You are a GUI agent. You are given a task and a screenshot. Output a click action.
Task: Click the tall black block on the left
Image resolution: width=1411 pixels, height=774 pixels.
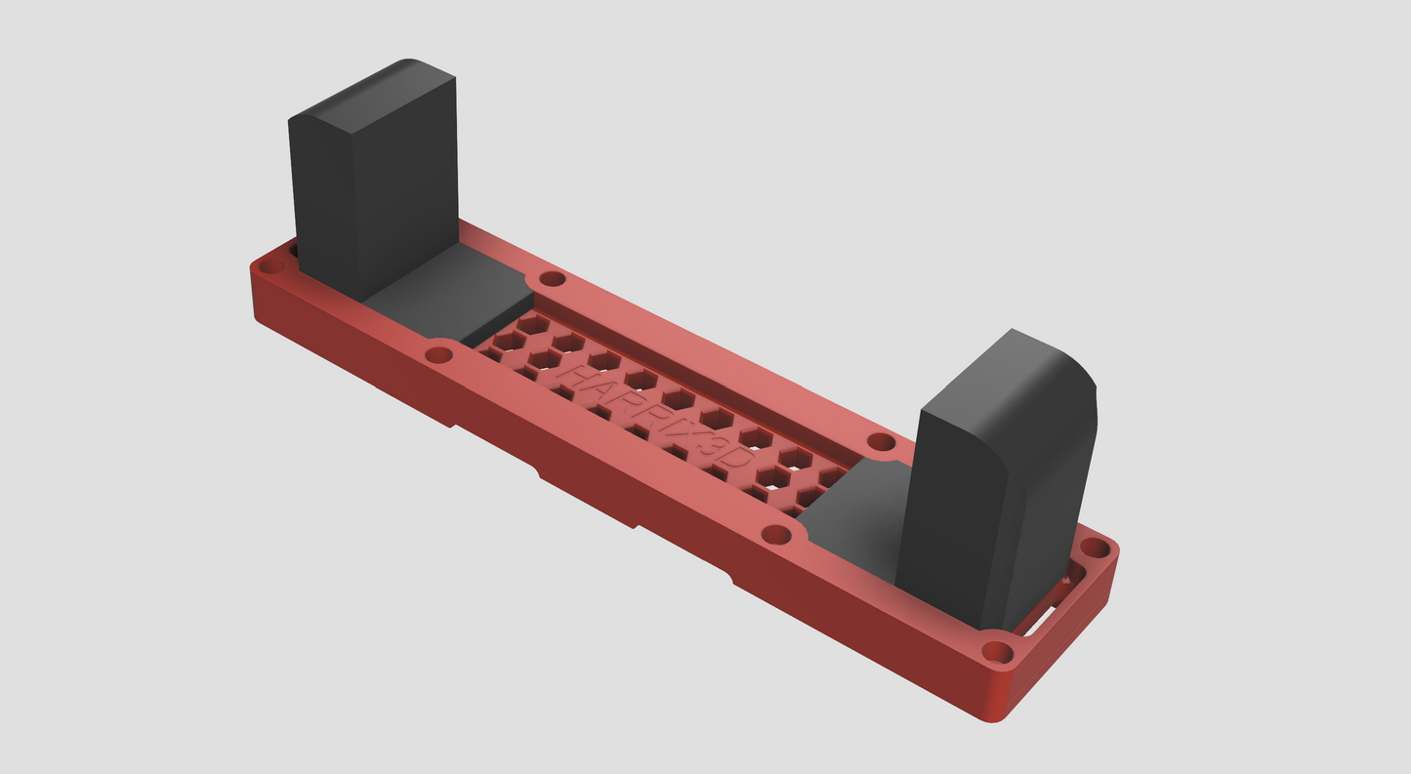tap(371, 195)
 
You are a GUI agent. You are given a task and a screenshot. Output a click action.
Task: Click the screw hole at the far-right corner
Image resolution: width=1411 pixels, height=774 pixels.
tap(1096, 548)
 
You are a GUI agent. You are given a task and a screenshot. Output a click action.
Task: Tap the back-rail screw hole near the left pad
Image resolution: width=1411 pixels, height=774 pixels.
tap(552, 279)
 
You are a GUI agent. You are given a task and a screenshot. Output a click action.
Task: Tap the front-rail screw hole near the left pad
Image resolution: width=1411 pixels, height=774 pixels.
tap(439, 354)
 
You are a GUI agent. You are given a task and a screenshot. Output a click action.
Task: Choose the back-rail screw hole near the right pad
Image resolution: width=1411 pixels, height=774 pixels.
tap(881, 442)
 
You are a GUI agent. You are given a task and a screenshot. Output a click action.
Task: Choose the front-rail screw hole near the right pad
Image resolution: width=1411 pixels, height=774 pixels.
tap(775, 535)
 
